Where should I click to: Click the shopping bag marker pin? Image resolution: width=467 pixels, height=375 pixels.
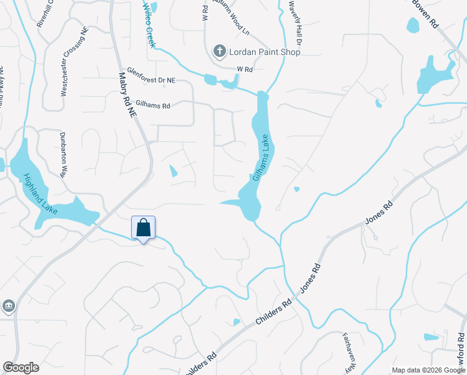click(143, 228)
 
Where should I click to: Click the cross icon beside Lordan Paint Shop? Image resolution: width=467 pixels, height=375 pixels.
click(219, 51)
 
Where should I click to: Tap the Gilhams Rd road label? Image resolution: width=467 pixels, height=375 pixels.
click(149, 106)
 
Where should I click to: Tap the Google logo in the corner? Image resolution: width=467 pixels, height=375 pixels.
click(21, 367)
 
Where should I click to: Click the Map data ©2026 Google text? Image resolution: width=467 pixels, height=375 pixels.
click(428, 370)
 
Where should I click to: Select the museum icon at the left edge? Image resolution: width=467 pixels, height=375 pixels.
click(9, 306)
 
